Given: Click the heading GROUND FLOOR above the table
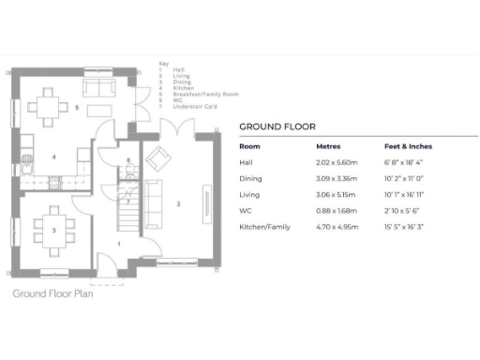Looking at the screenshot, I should (277, 126).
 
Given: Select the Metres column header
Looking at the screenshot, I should (328, 147).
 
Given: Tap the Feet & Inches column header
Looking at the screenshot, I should (406, 147).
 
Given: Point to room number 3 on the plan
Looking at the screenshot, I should (53, 229).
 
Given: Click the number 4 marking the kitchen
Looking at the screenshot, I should (53, 156).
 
